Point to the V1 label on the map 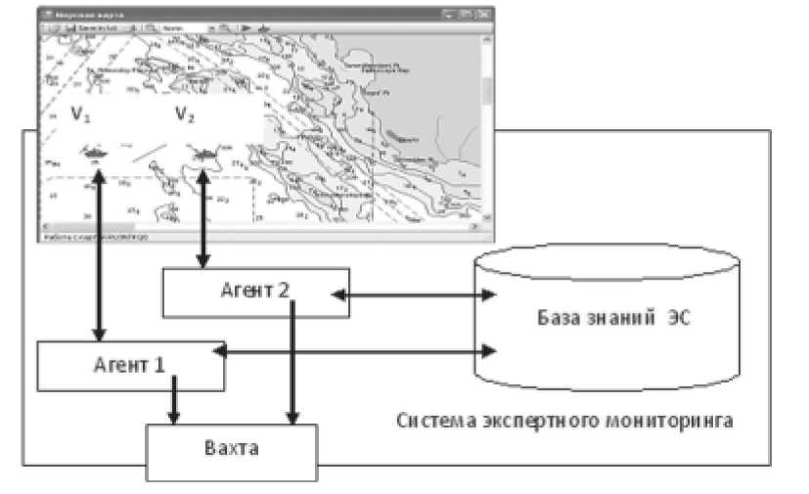[81, 114]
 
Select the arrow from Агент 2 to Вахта [291, 372]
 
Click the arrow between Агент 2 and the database [416, 292]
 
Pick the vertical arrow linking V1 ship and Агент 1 [98, 254]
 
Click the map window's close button [484, 15]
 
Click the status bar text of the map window [98, 237]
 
